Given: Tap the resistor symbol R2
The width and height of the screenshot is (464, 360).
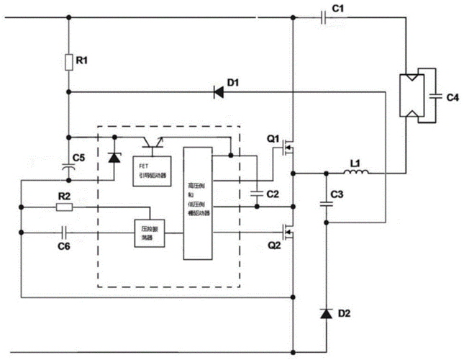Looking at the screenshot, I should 65,207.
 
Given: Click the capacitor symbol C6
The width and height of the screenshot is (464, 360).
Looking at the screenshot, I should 65,233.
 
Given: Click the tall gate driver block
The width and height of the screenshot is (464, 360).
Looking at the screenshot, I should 197,203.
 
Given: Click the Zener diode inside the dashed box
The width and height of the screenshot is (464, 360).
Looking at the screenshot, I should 113,156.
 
